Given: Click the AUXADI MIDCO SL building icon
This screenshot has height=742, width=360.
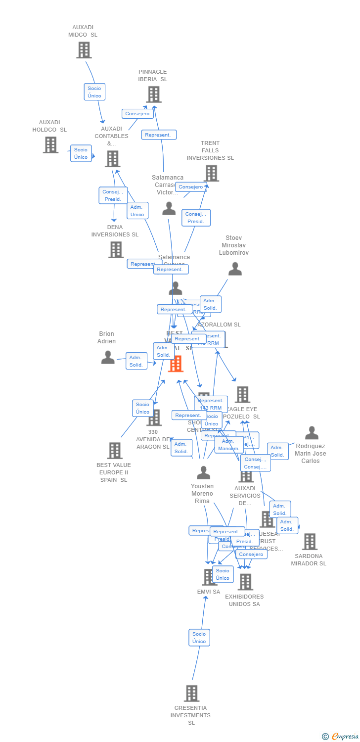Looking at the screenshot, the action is pyautogui.click(x=84, y=50).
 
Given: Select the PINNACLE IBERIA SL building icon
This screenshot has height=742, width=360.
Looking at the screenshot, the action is pyautogui.click(x=153, y=94).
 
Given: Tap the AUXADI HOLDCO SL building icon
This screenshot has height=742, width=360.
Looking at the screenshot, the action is pyautogui.click(x=50, y=145).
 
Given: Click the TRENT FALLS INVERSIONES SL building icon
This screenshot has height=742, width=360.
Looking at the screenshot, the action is pyautogui.click(x=211, y=173).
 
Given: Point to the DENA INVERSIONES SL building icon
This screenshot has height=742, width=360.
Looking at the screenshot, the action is pyautogui.click(x=116, y=250).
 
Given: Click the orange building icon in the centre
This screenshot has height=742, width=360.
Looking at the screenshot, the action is pyautogui.click(x=176, y=364).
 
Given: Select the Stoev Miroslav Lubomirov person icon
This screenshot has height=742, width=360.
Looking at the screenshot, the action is pyautogui.click(x=235, y=269).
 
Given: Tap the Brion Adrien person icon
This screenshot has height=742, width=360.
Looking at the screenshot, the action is pyautogui.click(x=107, y=357).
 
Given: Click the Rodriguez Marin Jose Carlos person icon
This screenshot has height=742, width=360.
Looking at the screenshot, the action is pyautogui.click(x=312, y=433).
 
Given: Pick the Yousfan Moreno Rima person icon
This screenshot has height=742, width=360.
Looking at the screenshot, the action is pyautogui.click(x=203, y=473).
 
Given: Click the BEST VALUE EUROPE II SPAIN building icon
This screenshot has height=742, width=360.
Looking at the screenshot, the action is pyautogui.click(x=115, y=451).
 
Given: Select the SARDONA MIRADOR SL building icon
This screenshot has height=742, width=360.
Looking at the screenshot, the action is pyautogui.click(x=310, y=542).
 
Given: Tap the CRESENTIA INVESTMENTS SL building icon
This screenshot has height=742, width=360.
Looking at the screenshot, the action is pyautogui.click(x=191, y=694).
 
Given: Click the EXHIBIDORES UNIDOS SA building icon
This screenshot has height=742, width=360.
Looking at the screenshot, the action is pyautogui.click(x=245, y=582).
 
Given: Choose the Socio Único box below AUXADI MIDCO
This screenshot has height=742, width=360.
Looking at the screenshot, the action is pyautogui.click(x=94, y=92).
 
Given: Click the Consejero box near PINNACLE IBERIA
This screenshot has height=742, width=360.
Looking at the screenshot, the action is pyautogui.click(x=137, y=114).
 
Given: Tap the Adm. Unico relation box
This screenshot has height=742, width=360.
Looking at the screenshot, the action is pyautogui.click(x=137, y=211).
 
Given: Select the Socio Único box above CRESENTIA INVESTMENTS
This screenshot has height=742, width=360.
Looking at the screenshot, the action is pyautogui.click(x=199, y=638).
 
